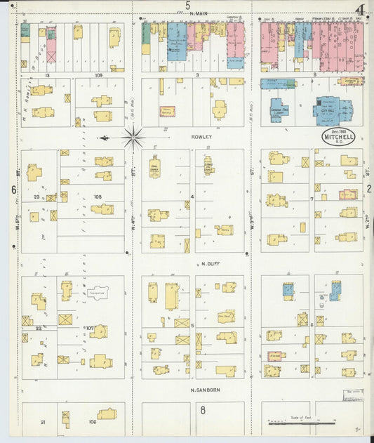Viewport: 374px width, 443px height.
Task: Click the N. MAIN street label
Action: pos(195,13)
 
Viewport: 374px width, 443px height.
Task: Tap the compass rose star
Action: pos(133,137)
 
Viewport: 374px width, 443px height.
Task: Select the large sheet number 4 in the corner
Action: pos(360,11)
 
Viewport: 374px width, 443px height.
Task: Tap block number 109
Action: pos(99,74)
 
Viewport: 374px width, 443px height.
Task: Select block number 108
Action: pos(98,197)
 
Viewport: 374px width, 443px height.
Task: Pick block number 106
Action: pos(92,422)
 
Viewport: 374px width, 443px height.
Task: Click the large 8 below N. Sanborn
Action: pos(203,410)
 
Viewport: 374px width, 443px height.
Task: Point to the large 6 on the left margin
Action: pos(13,190)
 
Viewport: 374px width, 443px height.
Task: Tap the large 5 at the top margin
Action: pos(187,6)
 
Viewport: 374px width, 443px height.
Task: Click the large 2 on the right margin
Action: pos(368,189)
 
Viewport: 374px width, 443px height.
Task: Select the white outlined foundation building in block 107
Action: pos(98,292)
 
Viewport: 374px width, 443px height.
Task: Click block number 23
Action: pos(36,197)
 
